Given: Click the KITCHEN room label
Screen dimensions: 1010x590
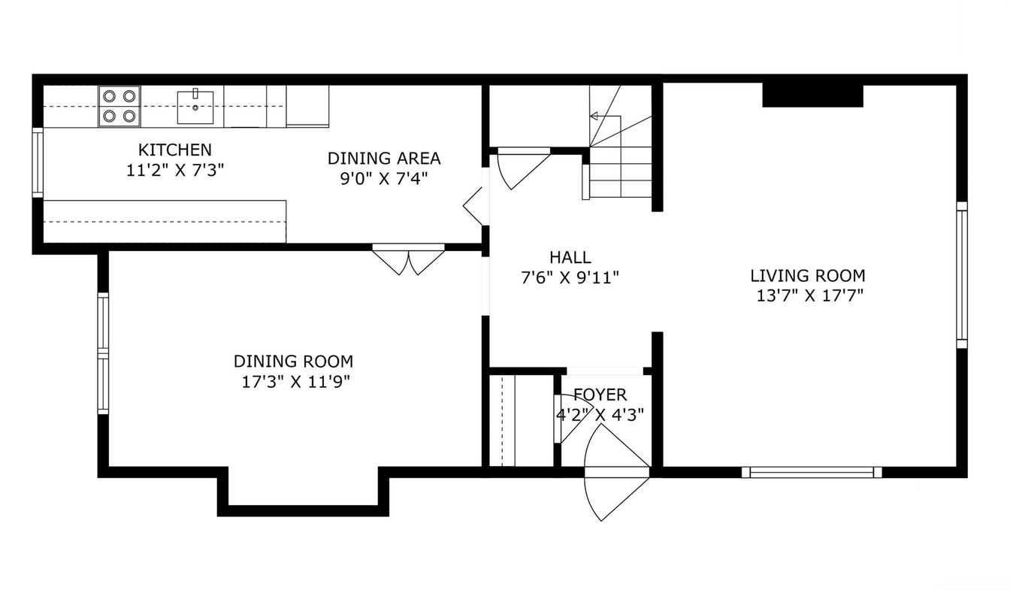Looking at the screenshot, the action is [x=175, y=150].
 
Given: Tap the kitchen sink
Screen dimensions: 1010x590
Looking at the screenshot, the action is [x=195, y=107].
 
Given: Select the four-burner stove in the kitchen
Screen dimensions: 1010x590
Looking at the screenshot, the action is [x=119, y=107].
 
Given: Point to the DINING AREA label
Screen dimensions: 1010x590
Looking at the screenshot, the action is [x=384, y=159].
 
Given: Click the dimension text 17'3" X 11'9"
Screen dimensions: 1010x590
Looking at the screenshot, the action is [x=296, y=382].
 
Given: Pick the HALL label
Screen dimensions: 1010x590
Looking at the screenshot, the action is [x=570, y=257].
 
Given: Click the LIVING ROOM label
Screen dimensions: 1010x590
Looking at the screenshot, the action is [x=808, y=275].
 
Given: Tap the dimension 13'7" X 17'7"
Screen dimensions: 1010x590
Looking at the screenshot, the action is [x=810, y=296].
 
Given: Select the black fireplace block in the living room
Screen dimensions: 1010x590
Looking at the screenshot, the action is [x=813, y=95].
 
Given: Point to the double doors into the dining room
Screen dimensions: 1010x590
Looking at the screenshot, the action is [x=409, y=260].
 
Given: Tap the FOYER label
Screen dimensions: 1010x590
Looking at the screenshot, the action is [x=600, y=395].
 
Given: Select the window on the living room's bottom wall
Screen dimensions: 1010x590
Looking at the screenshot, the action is [x=812, y=472].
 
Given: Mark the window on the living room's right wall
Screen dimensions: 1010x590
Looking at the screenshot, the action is [x=962, y=275].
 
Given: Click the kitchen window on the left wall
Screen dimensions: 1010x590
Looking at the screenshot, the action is [x=38, y=162].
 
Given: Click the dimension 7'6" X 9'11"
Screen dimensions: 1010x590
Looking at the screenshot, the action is [x=570, y=277].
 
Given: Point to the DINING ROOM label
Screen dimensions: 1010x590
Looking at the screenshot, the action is [x=294, y=362].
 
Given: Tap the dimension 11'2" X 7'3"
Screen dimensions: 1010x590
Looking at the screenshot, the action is [x=175, y=170].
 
